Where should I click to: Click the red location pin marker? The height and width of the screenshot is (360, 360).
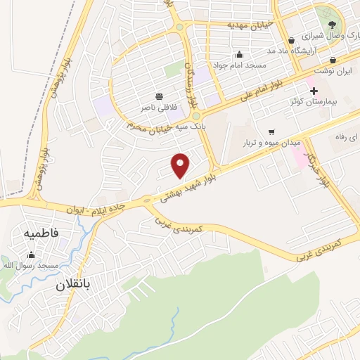pyautogui.click(x=181, y=165)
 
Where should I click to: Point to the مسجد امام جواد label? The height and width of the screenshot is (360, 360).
pyautogui.click(x=240, y=65)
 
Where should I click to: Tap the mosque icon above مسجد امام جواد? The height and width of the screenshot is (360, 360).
pyautogui.click(x=240, y=55)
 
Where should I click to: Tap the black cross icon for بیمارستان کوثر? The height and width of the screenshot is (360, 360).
pyautogui.click(x=314, y=91)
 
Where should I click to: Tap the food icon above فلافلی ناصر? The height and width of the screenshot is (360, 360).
pyautogui.click(x=160, y=96)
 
